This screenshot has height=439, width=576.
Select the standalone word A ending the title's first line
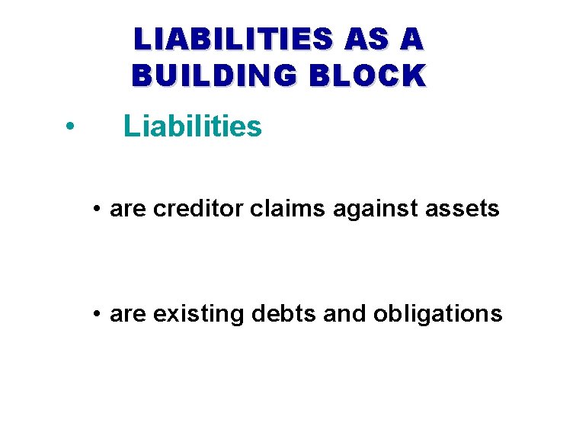pyautogui.click(x=411, y=40)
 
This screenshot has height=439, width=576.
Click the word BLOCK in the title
pyautogui.click(x=369, y=75)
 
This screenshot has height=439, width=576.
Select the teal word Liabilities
pyautogui.click(x=193, y=127)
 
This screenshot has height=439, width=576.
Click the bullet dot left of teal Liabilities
pyautogui.click(x=69, y=127)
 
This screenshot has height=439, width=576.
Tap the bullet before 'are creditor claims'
pyautogui.click(x=98, y=209)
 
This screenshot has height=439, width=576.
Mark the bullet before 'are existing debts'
pyautogui.click(x=98, y=314)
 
